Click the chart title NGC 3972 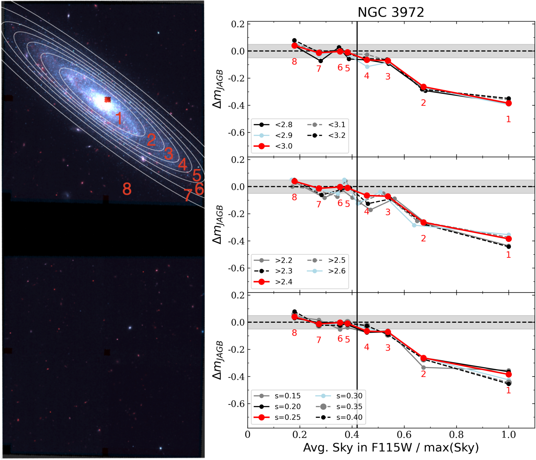point(391,12)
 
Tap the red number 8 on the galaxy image point(127,189)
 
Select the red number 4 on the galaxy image point(183,164)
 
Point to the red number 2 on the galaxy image point(151,140)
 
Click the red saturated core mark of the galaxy point(108,100)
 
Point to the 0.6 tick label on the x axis point(404,435)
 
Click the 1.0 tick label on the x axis point(508,435)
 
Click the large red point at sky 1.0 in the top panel point(509,103)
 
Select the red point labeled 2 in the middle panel point(424,223)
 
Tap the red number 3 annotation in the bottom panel point(388,348)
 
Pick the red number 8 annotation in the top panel point(294,62)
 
